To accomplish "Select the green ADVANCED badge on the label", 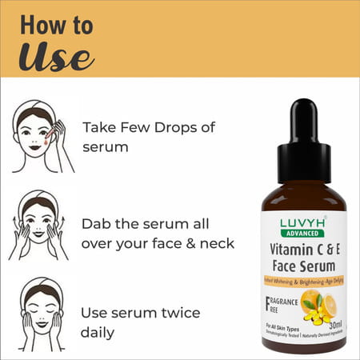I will pyautogui.click(x=303, y=234).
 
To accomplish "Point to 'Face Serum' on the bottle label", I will pyautogui.click(x=303, y=266).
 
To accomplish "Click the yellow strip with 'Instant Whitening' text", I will pyautogui.click(x=303, y=282).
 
